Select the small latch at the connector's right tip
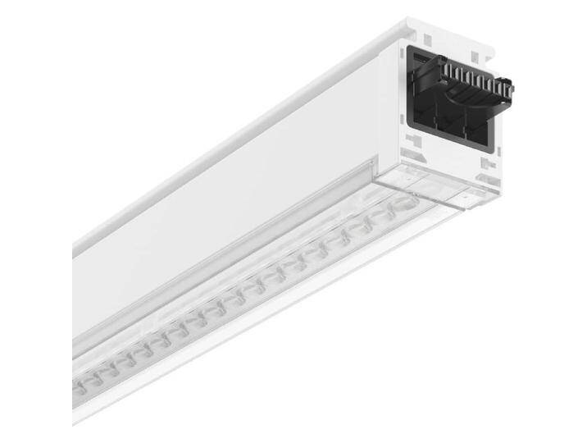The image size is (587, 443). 508,87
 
